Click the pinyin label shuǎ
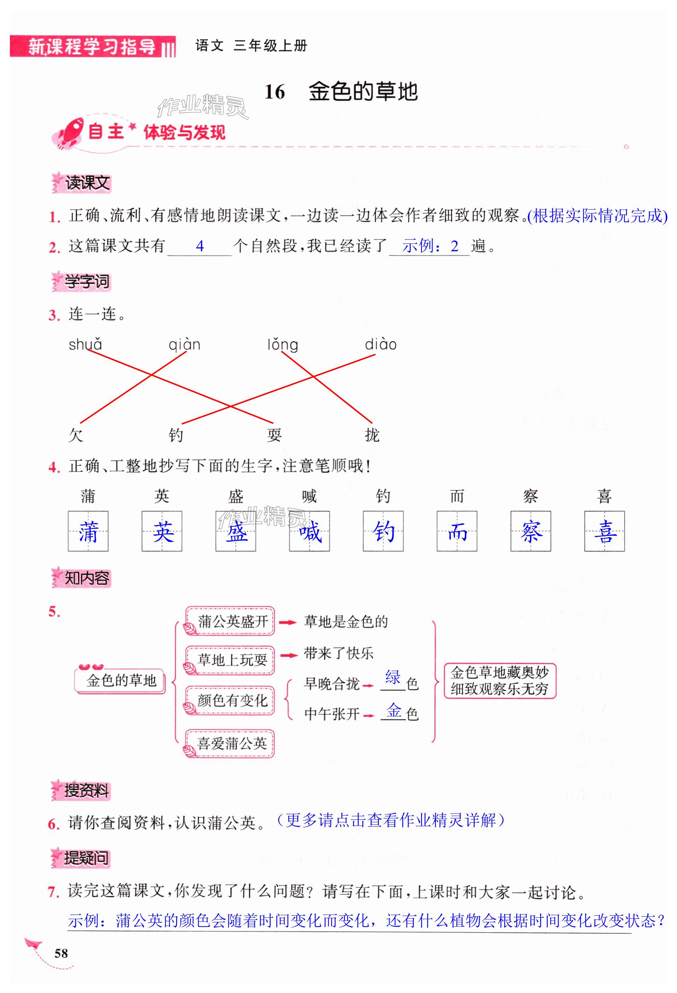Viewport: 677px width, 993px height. tap(85, 345)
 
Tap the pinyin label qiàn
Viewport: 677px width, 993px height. tap(184, 345)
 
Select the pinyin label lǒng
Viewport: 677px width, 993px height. tap(282, 345)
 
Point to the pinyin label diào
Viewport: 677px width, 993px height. tap(380, 345)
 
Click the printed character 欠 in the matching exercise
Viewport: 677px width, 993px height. tap(76, 435)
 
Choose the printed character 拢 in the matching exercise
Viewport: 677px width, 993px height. tap(372, 435)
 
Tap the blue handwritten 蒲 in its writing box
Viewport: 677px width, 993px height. tap(88, 531)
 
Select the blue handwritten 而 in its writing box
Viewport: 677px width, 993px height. tap(457, 531)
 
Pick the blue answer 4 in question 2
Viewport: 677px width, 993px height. tap(200, 246)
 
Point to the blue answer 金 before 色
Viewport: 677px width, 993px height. tap(393, 710)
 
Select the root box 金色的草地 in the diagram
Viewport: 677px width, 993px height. tap(121, 680)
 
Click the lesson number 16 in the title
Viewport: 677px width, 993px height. tap(274, 92)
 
